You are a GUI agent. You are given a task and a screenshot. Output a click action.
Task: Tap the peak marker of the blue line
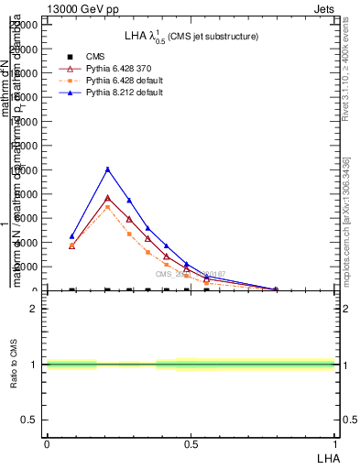pyautogui.click(x=108, y=169)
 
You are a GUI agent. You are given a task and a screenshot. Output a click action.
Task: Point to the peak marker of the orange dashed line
pyautogui.click(x=108, y=206)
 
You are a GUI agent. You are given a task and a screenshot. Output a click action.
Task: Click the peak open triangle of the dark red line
pyautogui.click(x=108, y=198)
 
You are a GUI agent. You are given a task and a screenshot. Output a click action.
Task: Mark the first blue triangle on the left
pyautogui.click(x=72, y=236)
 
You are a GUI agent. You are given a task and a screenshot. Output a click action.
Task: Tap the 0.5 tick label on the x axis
pyautogui.click(x=191, y=444)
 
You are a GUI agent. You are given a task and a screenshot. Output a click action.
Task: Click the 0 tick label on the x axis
pyautogui.click(x=47, y=444)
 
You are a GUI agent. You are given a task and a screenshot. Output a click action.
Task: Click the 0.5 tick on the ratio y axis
pyautogui.click(x=29, y=420)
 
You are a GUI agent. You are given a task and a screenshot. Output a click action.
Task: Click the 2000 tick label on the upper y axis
pyautogui.click(x=27, y=267)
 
